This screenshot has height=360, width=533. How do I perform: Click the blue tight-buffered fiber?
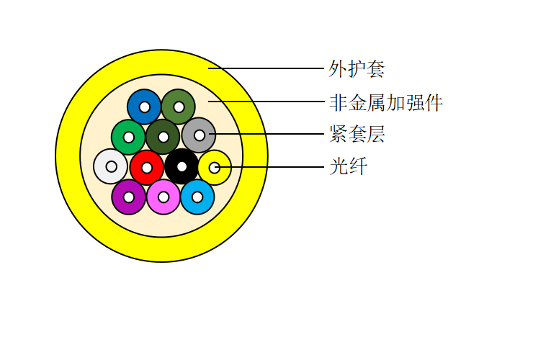coord(144,107)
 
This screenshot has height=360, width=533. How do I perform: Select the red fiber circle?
coord(146,168)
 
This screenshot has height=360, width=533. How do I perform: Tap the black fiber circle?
coord(182,166)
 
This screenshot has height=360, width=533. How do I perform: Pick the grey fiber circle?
coord(199,135)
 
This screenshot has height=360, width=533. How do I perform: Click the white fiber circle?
coord(110,166)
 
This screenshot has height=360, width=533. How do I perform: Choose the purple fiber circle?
coord(128,197)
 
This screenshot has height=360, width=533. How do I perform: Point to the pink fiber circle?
coord(164,197)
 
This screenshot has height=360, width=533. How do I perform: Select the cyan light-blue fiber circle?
coord(197,197)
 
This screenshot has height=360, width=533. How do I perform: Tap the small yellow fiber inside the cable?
coord(215,168)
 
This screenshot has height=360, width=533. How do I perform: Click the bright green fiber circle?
coord(128,138)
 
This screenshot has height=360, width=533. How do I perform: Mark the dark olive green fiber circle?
coord(163,137)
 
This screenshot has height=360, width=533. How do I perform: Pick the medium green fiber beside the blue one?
coord(179,107)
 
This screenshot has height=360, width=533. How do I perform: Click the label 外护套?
coord(357,69)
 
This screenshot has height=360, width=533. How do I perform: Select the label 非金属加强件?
coord(386,103)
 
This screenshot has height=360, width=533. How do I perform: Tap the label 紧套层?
coord(357,134)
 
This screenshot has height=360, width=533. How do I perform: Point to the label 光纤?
coord(349,166)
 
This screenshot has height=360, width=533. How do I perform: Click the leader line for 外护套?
coord(266,68)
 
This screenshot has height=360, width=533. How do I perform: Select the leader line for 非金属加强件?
coord(266,102)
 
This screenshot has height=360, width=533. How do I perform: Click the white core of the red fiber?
coord(146,168)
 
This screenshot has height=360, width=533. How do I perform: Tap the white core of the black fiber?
coord(182,166)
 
